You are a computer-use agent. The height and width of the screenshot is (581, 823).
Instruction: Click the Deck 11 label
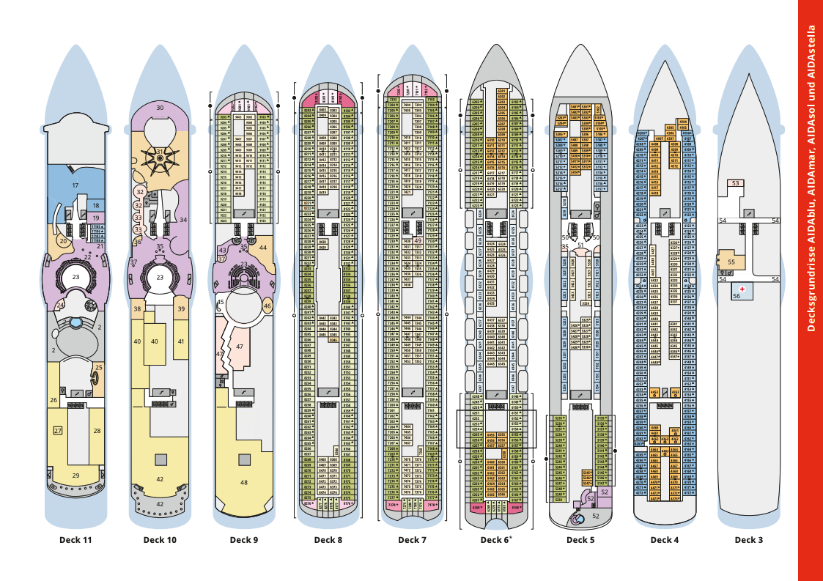point(75,541)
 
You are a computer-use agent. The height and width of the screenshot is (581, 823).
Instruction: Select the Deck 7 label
point(412,541)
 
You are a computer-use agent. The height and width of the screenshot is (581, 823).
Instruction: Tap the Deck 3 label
point(749,541)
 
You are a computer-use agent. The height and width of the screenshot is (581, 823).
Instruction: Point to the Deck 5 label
point(580,541)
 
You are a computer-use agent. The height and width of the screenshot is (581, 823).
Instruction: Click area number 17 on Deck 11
point(75,186)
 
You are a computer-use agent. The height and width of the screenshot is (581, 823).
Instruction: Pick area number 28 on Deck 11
point(97,431)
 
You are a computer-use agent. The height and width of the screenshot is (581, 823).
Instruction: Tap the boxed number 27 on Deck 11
point(58,431)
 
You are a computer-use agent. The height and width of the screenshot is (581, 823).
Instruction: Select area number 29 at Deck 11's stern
point(75,476)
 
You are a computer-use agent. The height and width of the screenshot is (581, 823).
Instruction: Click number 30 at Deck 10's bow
point(160,108)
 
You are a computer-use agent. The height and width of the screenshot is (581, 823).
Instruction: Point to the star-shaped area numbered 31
point(160,152)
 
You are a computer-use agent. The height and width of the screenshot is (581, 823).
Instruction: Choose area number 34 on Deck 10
point(183,219)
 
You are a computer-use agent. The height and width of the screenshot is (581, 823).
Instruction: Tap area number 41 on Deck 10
point(181,341)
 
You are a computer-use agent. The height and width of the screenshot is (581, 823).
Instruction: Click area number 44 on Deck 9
point(263,248)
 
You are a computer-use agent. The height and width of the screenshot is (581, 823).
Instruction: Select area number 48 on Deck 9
point(243,483)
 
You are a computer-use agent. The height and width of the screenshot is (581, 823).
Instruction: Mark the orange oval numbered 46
point(267,306)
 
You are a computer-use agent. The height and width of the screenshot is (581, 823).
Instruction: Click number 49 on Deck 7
point(417,240)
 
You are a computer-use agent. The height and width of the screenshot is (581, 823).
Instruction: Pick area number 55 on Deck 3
point(731,262)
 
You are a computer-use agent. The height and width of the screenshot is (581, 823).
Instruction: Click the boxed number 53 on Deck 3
point(735,183)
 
